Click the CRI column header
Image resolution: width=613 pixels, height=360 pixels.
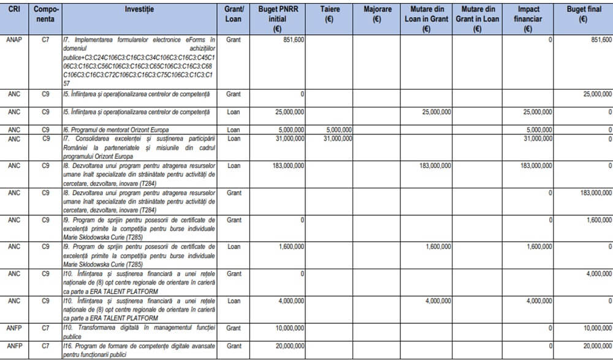click(x=13, y=10)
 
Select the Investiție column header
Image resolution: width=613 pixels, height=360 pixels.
click(x=139, y=10)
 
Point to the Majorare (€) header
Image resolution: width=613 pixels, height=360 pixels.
click(x=377, y=15)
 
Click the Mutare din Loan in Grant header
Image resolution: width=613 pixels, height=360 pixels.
click(x=426, y=19)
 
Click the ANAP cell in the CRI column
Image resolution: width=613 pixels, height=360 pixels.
click(x=13, y=40)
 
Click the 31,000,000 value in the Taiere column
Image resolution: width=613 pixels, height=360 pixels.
click(x=337, y=138)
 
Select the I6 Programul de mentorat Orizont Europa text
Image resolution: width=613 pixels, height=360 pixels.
click(x=116, y=129)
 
